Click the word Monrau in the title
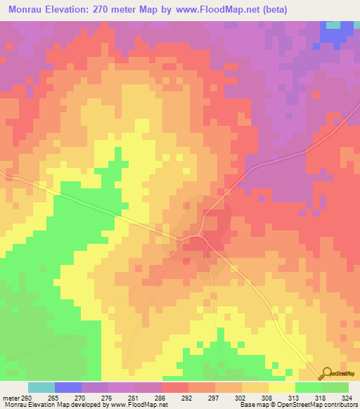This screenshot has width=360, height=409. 27,11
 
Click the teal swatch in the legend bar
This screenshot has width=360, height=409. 41,387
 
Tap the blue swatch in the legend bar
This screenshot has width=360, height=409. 67,387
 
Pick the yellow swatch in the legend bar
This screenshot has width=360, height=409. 281,387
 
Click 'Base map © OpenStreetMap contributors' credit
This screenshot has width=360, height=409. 298,405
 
